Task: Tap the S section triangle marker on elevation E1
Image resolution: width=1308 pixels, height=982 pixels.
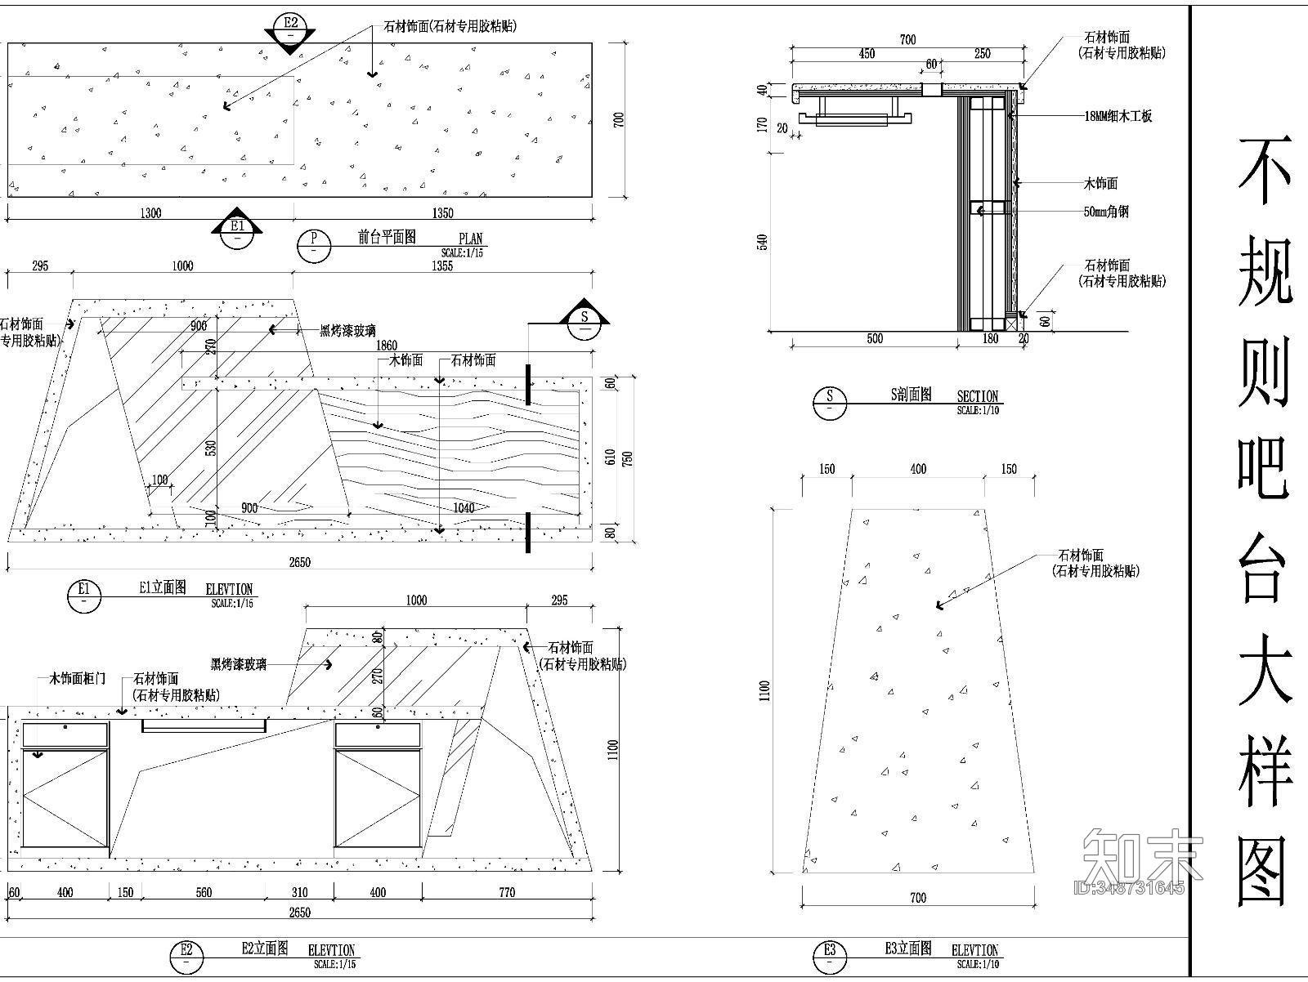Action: [x=585, y=319]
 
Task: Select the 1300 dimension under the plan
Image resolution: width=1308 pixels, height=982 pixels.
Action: [x=150, y=213]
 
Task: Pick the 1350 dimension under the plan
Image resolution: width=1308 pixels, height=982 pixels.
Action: [x=442, y=213]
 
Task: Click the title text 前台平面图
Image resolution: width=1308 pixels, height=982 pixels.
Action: [x=387, y=237]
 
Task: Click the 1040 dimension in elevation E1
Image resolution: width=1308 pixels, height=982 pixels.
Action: [x=464, y=508]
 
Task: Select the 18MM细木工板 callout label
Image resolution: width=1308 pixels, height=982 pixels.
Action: [x=1118, y=116]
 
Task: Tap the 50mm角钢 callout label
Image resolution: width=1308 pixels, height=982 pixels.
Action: [x=1106, y=212]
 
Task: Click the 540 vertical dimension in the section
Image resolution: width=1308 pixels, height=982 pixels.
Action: [x=763, y=242]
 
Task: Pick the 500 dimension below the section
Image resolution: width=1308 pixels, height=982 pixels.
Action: [x=874, y=338]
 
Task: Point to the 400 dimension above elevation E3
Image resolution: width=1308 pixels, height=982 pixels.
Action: [x=918, y=469]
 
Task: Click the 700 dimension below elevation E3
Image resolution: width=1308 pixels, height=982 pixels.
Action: [x=918, y=898]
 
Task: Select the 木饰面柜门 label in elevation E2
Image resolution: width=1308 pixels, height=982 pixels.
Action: [x=77, y=678]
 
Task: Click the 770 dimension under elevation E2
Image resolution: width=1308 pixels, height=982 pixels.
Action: [x=507, y=892]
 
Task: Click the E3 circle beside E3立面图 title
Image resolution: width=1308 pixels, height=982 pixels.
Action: [x=830, y=954]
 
